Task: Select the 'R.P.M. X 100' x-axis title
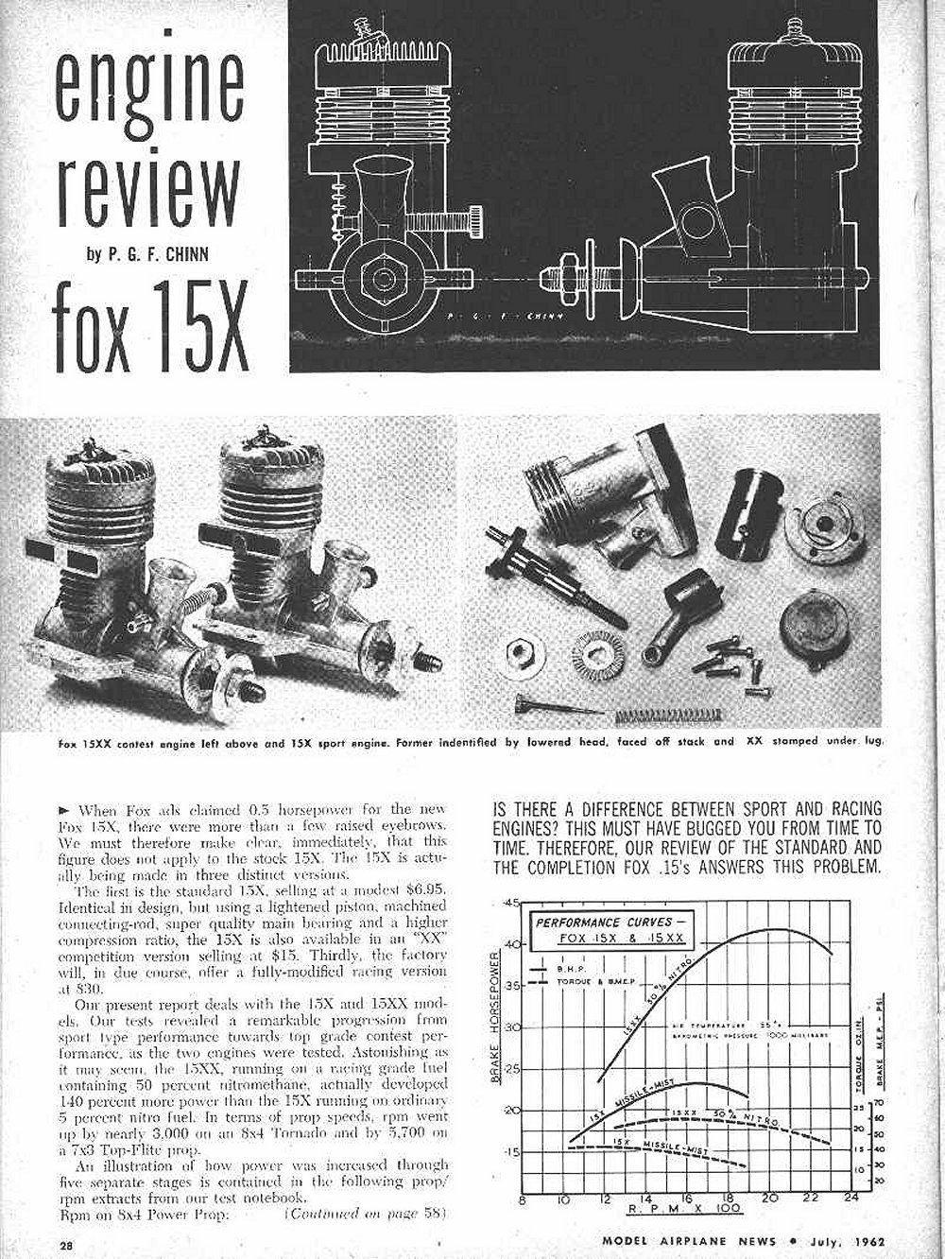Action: coord(679,1211)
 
